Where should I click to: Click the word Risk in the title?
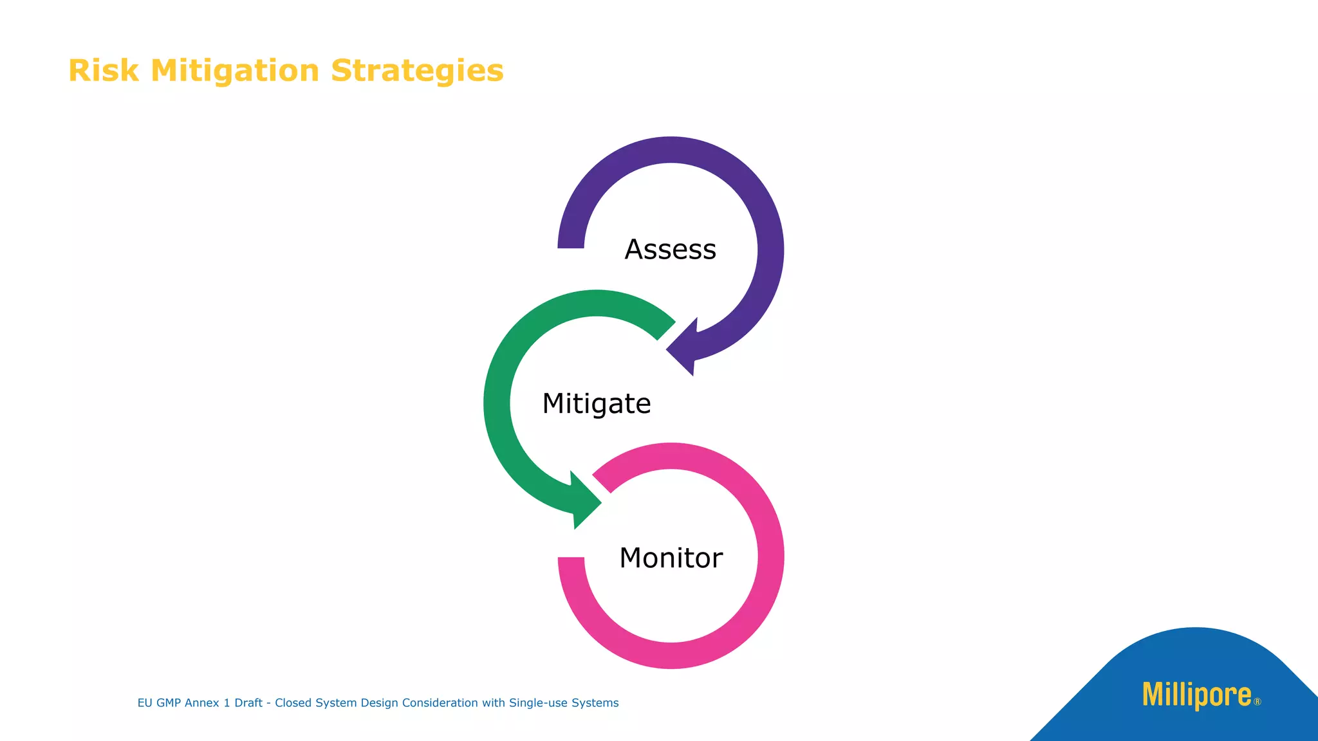pos(103,71)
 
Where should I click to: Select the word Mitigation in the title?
pos(235,71)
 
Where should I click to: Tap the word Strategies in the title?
pos(417,71)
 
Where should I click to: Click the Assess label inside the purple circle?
pos(670,250)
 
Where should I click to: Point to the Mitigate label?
pos(597,404)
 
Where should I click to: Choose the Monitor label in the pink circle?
pos(671,558)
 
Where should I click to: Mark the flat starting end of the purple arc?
pos(571,244)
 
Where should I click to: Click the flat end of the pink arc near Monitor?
pos(571,562)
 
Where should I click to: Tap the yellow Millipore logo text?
pos(1196,695)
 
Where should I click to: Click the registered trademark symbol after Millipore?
pos(1258,702)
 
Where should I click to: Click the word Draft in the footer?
pos(248,703)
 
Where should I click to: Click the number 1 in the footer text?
pos(227,703)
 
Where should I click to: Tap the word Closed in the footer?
pos(293,703)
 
